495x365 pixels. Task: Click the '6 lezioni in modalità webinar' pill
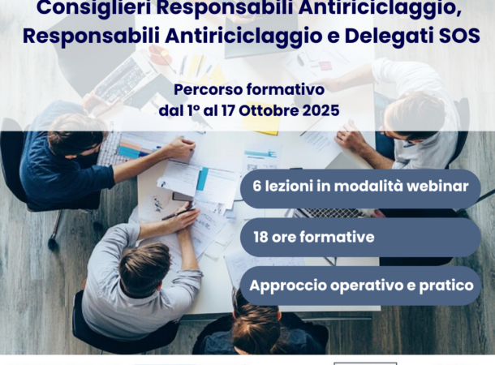(x=360, y=189)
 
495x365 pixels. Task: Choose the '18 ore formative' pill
(x=360, y=237)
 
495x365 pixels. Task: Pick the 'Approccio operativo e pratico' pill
(x=360, y=286)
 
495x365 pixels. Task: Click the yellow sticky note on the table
(x=261, y=119)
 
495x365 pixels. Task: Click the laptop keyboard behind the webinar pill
(x=331, y=213)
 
